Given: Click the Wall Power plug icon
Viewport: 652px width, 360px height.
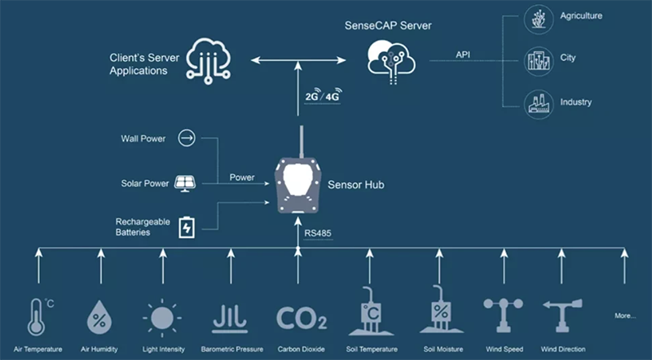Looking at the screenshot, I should coord(187,138).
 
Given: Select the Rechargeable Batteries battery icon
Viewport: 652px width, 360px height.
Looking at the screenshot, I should coord(187,226).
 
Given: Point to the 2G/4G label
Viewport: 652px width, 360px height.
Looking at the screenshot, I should coord(321,96).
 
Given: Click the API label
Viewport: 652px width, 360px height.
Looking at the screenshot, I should coord(463,55).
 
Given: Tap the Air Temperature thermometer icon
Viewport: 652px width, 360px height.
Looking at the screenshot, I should coord(37,317).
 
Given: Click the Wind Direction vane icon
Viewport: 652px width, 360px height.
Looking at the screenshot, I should coord(562,314).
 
